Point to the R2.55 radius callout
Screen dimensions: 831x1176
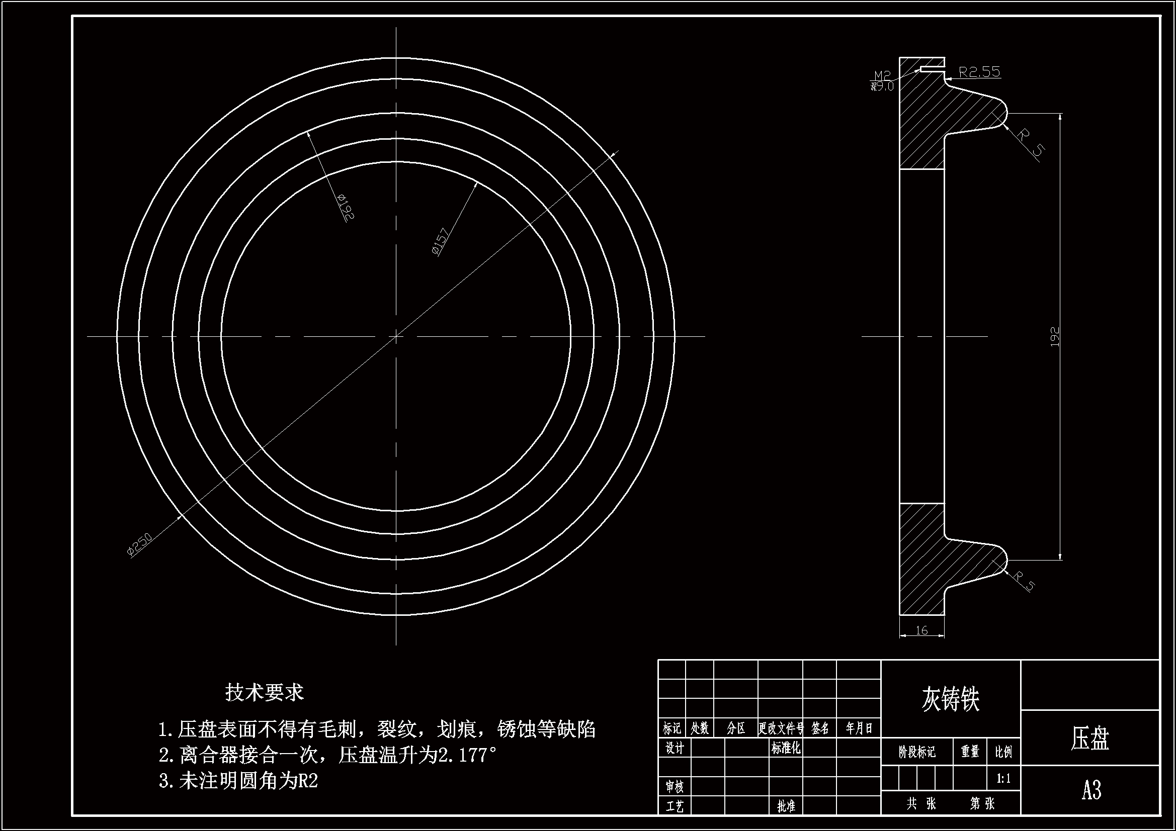pyautogui.click(x=979, y=72)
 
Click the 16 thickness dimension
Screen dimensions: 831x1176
pyautogui.click(x=921, y=631)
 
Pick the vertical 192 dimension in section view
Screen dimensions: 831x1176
pyautogui.click(x=1055, y=337)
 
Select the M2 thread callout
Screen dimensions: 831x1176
pyautogui.click(x=882, y=76)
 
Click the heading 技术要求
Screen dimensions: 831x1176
pyautogui.click(x=264, y=693)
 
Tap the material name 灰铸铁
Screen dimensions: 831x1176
pyautogui.click(x=950, y=699)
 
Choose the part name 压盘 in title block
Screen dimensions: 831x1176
pyautogui.click(x=1089, y=739)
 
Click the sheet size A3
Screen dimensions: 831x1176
pyautogui.click(x=1091, y=790)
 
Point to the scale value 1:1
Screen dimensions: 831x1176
pyautogui.click(x=1003, y=779)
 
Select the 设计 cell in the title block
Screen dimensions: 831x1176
pyautogui.click(x=675, y=748)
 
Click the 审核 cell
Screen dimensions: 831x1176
pyautogui.click(x=675, y=786)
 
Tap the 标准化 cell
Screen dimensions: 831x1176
pyautogui.click(x=785, y=748)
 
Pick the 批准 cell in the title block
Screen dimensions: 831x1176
pyautogui.click(x=786, y=806)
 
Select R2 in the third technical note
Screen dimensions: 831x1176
pyautogui.click(x=308, y=781)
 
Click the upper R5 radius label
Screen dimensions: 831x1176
pyautogui.click(x=1030, y=142)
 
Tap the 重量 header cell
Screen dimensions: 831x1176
pyautogui.click(x=970, y=752)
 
